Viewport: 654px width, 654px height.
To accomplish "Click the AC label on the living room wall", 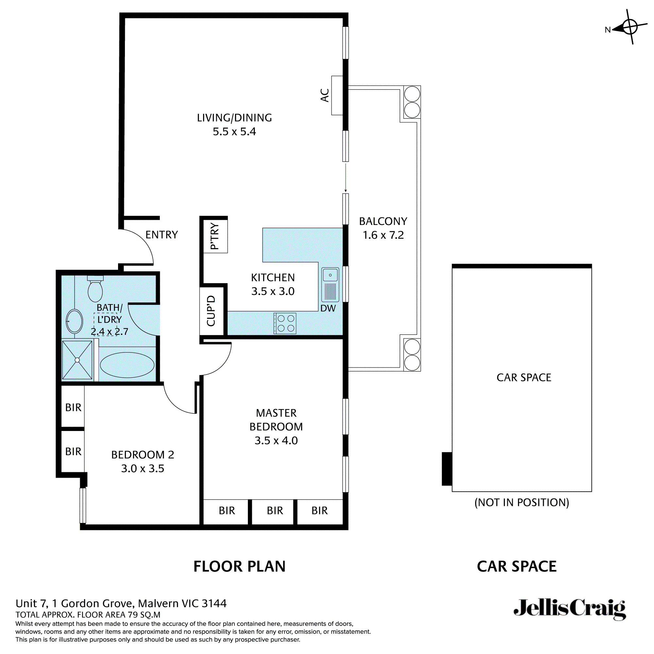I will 325,95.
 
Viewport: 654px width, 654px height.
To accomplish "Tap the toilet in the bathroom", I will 95,289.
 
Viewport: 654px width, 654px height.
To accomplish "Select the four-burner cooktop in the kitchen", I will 285,323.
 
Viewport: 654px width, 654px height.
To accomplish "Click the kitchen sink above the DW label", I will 330,275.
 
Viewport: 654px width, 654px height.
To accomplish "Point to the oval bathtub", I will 127,365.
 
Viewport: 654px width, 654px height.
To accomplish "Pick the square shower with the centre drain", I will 77,360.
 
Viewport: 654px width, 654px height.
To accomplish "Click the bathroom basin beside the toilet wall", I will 74,321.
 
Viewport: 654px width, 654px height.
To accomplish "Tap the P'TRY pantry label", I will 215,236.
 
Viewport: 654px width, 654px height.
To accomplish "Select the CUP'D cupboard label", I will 211,311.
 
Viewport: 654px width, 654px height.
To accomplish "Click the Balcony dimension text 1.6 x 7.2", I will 383,235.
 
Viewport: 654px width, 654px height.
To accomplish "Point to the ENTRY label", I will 162,234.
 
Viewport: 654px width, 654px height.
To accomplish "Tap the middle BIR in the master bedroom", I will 275,510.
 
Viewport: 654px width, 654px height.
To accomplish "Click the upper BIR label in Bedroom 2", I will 73,407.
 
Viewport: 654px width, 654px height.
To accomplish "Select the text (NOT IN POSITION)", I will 522,502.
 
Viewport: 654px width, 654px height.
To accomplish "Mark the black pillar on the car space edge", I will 447,469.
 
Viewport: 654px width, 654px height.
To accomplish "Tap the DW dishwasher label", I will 328,308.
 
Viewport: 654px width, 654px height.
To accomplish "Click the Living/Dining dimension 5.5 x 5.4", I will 234,131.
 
